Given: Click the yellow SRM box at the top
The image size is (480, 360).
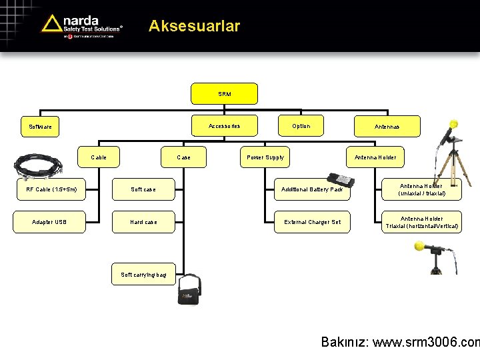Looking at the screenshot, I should [224, 94].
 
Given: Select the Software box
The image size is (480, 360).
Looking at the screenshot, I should [40, 126].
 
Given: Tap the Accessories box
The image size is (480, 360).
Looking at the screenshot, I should [224, 125].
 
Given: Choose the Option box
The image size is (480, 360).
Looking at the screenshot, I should [301, 125].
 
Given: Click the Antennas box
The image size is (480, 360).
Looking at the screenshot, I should [387, 126].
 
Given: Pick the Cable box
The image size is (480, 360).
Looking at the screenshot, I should [99, 157].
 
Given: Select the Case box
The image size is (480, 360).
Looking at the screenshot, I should [183, 157].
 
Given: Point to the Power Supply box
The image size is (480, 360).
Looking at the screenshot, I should [265, 157].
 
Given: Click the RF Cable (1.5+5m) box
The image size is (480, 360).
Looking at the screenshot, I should [51, 189].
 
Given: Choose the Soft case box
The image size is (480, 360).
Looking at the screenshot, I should [143, 189].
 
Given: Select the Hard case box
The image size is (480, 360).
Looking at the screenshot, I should [143, 221].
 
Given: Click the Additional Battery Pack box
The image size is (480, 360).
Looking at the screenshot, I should [311, 189].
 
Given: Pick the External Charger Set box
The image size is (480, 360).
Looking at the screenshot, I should [311, 221].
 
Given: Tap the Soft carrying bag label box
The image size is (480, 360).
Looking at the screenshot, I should [143, 274].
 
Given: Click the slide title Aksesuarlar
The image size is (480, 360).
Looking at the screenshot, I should [194, 26].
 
